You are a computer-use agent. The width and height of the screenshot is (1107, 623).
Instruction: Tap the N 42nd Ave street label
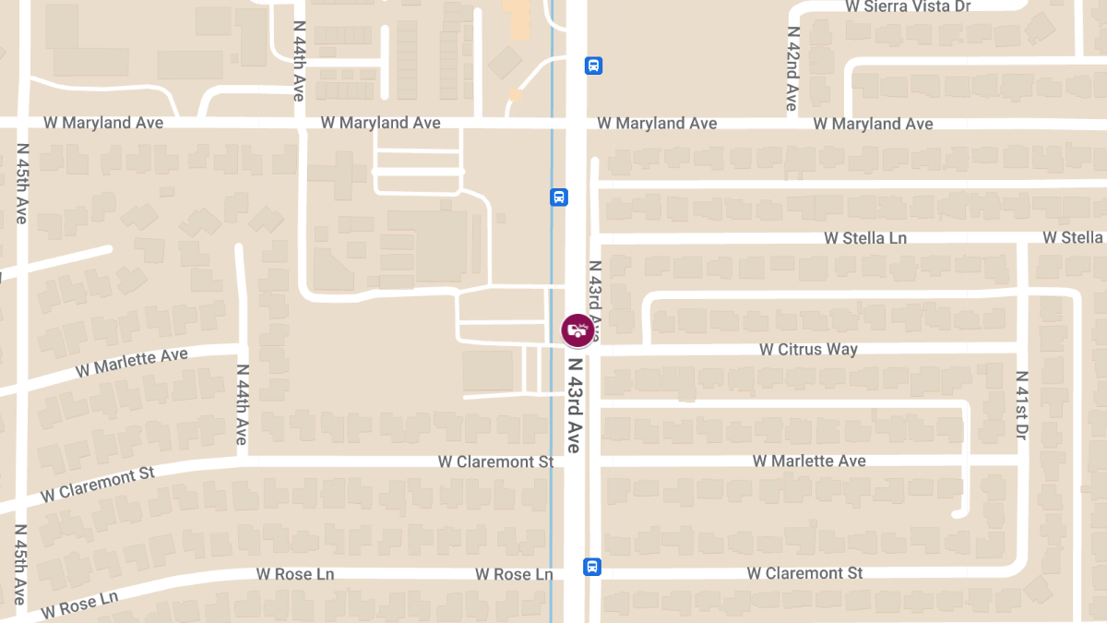pyautogui.click(x=792, y=68)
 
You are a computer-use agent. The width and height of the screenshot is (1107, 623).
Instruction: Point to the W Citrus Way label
pyautogui.click(x=808, y=350)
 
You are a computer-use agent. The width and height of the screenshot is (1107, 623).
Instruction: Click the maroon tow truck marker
pyautogui.click(x=577, y=329)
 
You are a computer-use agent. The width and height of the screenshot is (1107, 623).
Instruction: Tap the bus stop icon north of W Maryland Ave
pyautogui.click(x=593, y=66)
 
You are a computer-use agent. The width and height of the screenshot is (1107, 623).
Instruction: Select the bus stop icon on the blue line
pyautogui.click(x=559, y=197)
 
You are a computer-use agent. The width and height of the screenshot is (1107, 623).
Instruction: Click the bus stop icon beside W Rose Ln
pyautogui.click(x=592, y=567)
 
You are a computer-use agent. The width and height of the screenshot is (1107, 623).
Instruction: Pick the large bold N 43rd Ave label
pyautogui.click(x=574, y=404)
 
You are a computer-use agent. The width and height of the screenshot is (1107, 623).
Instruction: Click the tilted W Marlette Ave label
pyautogui.click(x=131, y=362)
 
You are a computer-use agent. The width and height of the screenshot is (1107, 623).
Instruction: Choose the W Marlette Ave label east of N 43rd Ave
pyautogui.click(x=809, y=461)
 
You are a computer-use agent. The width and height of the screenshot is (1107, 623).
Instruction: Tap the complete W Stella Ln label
pyautogui.click(x=865, y=238)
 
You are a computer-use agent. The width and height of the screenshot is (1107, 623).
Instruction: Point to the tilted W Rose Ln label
pyautogui.click(x=79, y=605)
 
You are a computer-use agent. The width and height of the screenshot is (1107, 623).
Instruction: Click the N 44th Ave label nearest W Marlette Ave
pyautogui.click(x=242, y=404)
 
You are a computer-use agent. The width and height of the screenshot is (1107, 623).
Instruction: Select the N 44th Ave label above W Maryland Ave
pyautogui.click(x=299, y=61)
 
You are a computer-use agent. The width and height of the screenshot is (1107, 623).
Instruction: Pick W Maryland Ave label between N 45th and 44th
pyautogui.click(x=103, y=123)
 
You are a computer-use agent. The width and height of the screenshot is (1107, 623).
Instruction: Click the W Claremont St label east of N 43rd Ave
pyautogui.click(x=804, y=573)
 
